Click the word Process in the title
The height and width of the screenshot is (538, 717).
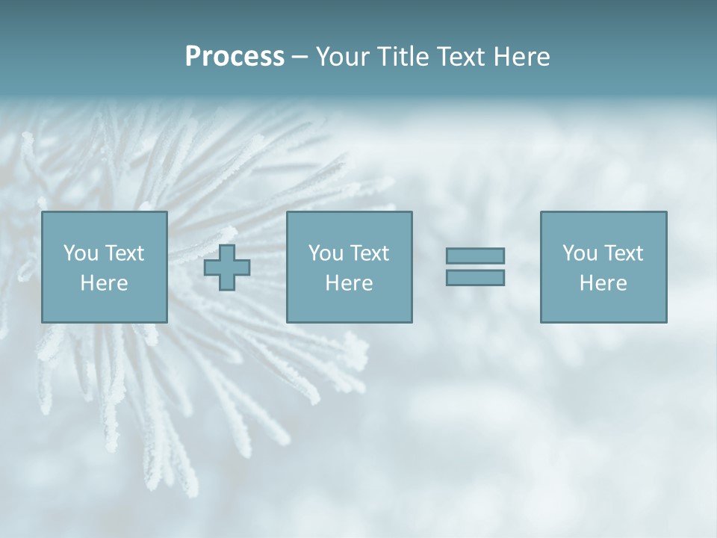(235, 57)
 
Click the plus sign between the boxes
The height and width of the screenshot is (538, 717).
(227, 268)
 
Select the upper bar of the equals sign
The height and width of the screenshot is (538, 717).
(475, 256)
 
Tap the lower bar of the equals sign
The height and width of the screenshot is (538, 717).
(475, 277)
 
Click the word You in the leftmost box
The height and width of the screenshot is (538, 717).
(81, 253)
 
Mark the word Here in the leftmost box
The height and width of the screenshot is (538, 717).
(105, 283)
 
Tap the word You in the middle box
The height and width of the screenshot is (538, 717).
(326, 253)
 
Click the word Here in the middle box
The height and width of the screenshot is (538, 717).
(350, 283)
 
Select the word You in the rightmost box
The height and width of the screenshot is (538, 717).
(580, 253)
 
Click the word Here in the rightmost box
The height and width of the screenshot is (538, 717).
(603, 283)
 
